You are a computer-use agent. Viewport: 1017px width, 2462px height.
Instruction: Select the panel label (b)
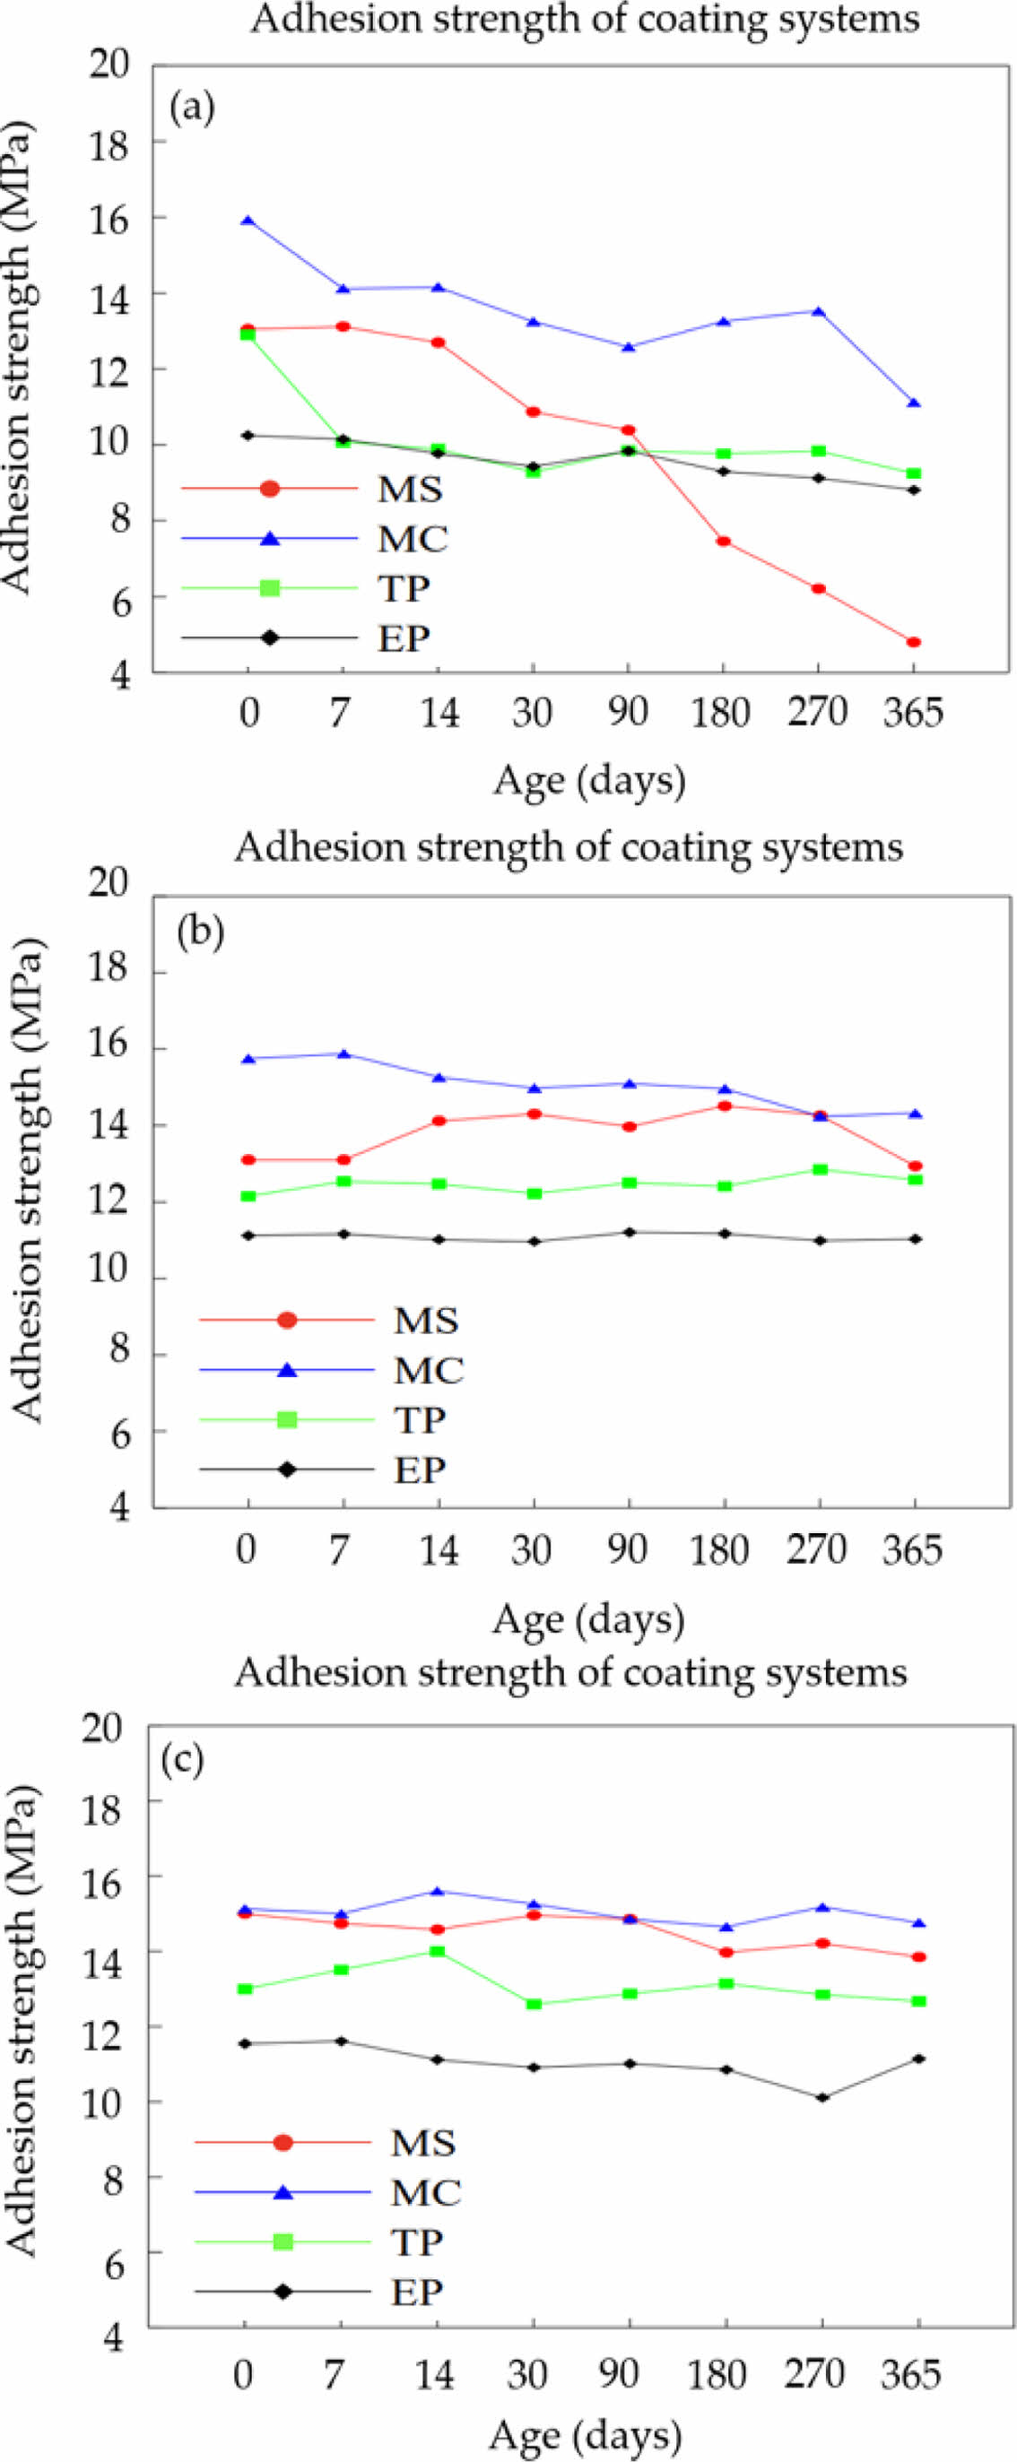click(201, 932)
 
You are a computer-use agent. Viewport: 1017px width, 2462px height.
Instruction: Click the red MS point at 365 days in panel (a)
click(914, 642)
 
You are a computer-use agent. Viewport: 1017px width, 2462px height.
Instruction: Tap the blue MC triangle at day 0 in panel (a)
click(248, 221)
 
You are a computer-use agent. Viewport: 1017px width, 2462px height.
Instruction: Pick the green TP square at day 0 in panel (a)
click(248, 334)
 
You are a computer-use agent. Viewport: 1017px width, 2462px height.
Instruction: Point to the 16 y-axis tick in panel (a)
click(112, 218)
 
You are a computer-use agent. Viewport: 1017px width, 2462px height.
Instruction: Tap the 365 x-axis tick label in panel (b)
click(912, 1549)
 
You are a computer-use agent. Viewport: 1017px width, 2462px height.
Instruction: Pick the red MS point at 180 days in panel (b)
click(725, 1105)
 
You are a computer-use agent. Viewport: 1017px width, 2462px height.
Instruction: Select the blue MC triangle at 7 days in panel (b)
click(343, 1053)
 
